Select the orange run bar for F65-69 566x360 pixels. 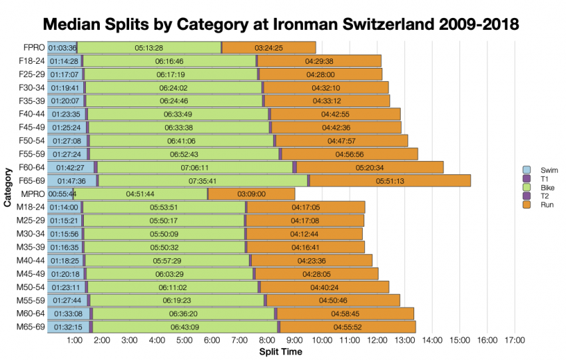(x=390, y=180)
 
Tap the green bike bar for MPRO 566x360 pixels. (x=141, y=194)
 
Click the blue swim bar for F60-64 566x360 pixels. (x=70, y=167)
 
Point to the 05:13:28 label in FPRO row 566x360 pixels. (x=148, y=48)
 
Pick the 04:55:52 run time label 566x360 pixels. (x=348, y=327)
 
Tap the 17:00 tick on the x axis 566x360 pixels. (x=515, y=340)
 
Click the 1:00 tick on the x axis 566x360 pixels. (x=75, y=340)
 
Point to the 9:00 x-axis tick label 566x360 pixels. (x=294, y=340)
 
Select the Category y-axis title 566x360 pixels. (x=7, y=188)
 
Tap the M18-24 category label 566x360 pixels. (x=30, y=207)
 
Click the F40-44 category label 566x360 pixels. (x=31, y=114)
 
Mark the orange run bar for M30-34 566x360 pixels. (x=305, y=234)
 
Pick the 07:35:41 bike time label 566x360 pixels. (x=203, y=180)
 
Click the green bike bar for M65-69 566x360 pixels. (x=185, y=327)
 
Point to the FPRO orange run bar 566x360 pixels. (x=269, y=48)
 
